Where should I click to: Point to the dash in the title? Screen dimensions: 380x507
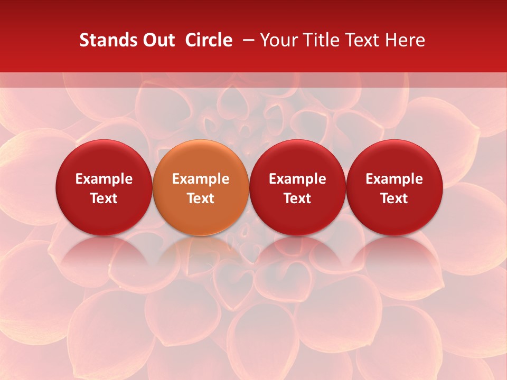click(x=246, y=40)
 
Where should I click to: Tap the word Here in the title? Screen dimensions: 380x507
click(x=405, y=40)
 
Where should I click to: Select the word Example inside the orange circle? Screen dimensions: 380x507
click(x=201, y=179)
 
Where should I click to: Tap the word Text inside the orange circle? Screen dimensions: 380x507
click(x=201, y=198)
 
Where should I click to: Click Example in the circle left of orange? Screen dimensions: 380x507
click(x=104, y=179)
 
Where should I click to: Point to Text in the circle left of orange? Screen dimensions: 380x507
click(x=104, y=198)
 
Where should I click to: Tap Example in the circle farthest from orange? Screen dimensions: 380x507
click(x=394, y=179)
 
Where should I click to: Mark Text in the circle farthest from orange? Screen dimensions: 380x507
click(x=394, y=198)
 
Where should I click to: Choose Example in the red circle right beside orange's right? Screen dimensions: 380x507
click(x=297, y=179)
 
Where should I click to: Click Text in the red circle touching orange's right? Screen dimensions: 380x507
click(x=297, y=198)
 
